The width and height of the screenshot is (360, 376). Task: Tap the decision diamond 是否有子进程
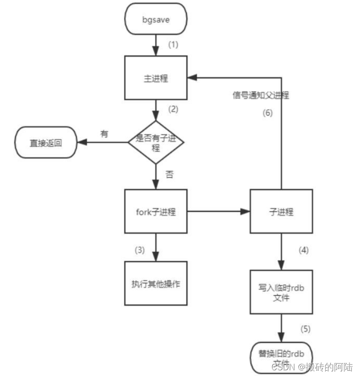click(156, 142)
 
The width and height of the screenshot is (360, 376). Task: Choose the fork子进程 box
click(156, 212)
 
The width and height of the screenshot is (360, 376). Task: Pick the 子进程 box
click(281, 212)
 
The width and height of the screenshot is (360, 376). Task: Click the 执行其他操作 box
click(156, 283)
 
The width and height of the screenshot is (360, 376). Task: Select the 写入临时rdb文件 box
click(281, 291)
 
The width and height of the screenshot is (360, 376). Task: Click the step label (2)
click(174, 109)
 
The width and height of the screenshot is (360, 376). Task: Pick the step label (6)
click(268, 114)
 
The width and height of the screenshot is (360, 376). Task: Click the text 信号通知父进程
click(260, 95)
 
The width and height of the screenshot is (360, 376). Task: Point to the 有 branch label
click(104, 134)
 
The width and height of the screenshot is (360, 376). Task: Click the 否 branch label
click(169, 174)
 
